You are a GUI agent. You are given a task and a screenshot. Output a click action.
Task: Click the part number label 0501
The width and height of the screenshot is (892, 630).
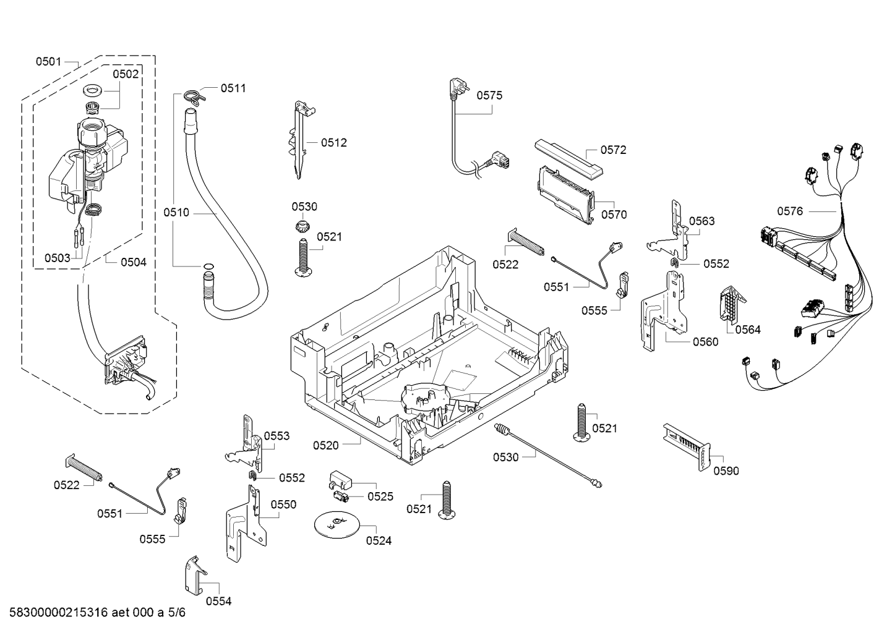point(48,62)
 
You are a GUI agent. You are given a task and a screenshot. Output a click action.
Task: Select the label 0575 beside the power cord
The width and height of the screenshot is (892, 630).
point(489,95)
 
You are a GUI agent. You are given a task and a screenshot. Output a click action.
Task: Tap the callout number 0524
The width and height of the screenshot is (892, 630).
point(379,540)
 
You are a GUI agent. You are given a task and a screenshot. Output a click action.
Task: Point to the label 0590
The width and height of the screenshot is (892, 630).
point(726,471)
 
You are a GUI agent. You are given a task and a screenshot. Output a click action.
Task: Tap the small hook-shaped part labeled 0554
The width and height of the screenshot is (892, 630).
point(195,576)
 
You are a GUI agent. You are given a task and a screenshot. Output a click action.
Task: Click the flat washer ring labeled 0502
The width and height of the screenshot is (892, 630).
point(93,90)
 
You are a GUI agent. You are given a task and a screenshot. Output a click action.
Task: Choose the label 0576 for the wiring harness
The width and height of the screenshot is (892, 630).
point(790,211)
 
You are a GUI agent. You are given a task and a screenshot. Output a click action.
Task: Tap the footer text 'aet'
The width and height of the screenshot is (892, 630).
point(120,612)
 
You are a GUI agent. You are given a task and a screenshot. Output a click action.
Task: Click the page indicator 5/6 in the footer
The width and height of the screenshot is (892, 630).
point(177,612)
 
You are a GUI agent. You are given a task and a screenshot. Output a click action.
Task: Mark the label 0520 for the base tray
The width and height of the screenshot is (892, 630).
point(326,445)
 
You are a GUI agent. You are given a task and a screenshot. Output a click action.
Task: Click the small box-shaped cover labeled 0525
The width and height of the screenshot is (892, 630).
point(341,479)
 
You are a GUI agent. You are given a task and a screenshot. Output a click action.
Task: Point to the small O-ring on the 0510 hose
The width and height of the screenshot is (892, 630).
point(208,266)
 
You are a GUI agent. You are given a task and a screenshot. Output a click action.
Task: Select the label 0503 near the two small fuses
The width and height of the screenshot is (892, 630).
point(58,258)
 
